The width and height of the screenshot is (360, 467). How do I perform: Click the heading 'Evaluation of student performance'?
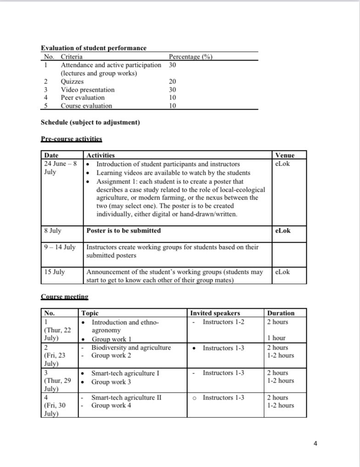[94, 48]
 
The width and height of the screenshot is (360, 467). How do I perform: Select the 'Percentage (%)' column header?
[191, 57]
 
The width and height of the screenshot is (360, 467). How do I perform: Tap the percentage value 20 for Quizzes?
[172, 82]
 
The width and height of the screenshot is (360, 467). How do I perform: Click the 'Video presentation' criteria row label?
[88, 90]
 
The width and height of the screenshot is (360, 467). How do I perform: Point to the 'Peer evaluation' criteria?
[83, 98]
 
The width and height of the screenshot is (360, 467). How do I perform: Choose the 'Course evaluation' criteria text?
[86, 106]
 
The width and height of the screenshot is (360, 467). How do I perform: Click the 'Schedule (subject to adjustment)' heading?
[90, 122]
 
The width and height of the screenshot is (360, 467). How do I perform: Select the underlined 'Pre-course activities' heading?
[72, 139]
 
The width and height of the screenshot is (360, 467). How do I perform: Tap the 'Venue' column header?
[285, 156]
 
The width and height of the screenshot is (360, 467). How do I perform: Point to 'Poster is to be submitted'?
[124, 231]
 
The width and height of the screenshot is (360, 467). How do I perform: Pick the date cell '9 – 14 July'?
[60, 247]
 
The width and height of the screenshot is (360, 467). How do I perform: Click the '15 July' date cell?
[55, 272]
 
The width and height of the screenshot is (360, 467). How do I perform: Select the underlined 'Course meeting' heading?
[64, 297]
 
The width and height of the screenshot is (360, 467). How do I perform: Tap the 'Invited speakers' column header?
[215, 313]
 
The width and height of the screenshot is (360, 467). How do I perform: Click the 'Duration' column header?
[281, 313]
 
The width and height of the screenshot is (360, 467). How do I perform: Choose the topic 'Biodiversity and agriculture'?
[131, 348]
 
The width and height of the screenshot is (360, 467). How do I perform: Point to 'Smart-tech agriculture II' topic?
[126, 398]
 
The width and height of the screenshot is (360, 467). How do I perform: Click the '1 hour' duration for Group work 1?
[276, 339]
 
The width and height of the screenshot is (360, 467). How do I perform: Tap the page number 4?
[315, 444]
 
